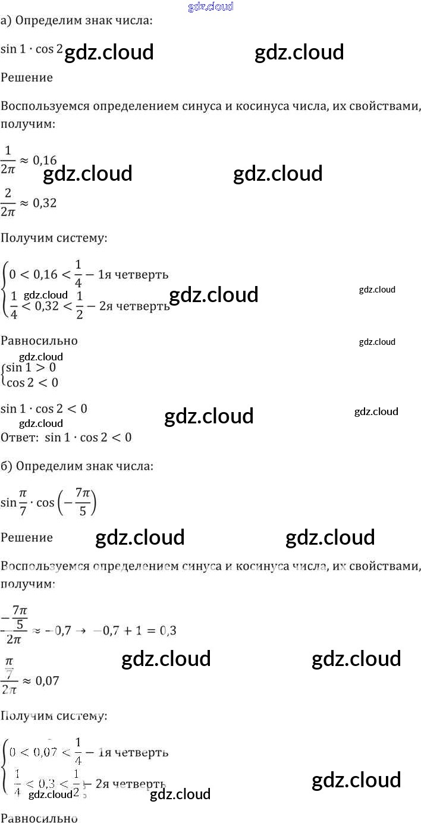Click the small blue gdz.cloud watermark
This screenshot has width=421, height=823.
tap(211, 7)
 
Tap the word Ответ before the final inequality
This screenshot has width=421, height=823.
tap(19, 438)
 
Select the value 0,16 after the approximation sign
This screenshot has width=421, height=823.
tap(44, 160)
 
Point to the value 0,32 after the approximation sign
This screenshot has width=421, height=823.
tap(44, 203)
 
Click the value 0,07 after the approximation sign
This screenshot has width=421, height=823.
tap(47, 681)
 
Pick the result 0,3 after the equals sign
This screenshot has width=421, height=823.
tap(168, 630)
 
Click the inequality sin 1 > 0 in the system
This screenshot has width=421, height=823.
tap(31, 368)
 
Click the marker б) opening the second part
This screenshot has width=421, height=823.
tap(7, 466)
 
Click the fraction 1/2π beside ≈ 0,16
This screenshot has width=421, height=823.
tap(8, 160)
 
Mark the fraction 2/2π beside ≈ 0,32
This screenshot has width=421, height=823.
tap(8, 203)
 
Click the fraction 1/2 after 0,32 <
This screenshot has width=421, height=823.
tap(80, 306)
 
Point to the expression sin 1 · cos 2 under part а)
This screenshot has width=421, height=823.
tap(32, 50)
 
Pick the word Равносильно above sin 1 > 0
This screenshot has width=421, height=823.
tap(39, 341)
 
